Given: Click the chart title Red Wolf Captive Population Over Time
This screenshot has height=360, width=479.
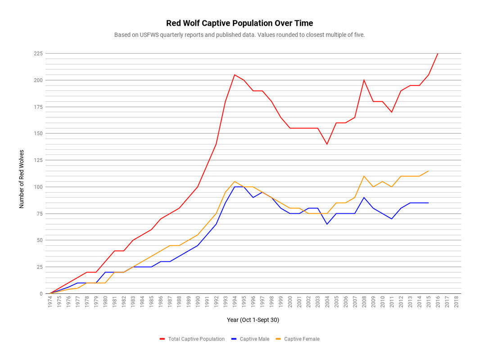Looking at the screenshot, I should pos(239,23).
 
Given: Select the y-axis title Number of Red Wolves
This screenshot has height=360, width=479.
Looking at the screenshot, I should pos(22,179).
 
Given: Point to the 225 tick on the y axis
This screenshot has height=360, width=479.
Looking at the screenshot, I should pos(38,54).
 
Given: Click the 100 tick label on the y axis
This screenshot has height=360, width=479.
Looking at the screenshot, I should pos(38,187).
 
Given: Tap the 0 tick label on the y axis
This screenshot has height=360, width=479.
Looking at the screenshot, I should pos(41,293).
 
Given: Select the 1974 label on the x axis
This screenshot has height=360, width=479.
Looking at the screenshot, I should pos(50,302).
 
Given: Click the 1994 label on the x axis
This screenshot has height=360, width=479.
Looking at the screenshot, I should pos(235,302).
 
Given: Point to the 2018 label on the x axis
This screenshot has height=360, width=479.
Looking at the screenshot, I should pos(456,302).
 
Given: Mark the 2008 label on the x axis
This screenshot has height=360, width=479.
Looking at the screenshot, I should pos(364,302).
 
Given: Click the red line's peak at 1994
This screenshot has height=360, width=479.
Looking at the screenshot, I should pos(235,75).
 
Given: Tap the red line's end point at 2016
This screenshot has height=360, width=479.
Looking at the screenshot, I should pos(438,54).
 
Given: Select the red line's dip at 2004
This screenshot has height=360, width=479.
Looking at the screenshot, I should pos(327,144).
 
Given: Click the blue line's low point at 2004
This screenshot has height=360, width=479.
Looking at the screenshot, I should pos(327,224).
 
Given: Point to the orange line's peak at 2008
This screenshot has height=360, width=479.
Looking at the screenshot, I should pos(364,176).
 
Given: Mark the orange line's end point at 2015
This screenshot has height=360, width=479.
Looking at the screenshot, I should pos(428,171).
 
